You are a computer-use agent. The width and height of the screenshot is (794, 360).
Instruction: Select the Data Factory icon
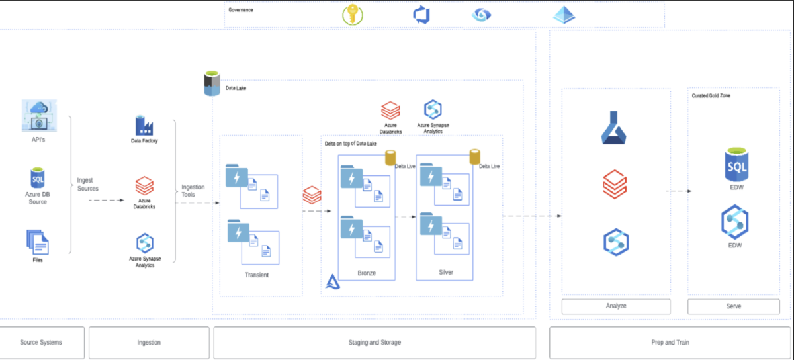144,126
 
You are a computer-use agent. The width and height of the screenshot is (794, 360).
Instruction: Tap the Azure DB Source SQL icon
38,178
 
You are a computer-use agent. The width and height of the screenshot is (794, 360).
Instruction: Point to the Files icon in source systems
38,242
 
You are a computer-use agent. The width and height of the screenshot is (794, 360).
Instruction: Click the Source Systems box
42,342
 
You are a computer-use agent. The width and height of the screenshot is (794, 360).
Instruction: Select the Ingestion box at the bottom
149,342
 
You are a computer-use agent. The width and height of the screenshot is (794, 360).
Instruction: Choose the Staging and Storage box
375,342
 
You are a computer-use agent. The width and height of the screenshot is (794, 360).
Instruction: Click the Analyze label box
616,306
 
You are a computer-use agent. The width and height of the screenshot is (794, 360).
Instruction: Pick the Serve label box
734,306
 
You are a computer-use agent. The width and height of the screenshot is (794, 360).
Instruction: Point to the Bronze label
366,273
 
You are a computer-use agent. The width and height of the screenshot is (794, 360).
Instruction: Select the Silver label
446,272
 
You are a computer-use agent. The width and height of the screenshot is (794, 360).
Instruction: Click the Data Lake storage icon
212,85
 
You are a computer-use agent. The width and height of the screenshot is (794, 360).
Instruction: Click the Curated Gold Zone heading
711,96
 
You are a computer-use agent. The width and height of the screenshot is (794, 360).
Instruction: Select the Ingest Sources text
87,184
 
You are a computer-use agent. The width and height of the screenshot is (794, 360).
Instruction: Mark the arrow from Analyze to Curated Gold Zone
678,191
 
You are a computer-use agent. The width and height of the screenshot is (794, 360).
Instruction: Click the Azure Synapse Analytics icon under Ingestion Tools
144,244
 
